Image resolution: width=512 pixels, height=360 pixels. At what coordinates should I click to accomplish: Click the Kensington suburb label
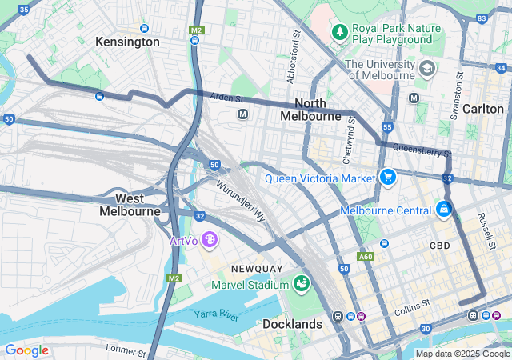[127, 42]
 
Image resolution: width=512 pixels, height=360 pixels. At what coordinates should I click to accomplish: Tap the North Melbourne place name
[311, 110]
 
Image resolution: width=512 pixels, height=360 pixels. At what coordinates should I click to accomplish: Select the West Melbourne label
[130, 205]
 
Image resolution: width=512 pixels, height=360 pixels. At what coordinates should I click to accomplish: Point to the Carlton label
[483, 109]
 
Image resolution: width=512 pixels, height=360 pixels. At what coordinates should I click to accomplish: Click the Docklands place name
[292, 324]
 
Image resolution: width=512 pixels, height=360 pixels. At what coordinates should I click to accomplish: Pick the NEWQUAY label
[255, 267]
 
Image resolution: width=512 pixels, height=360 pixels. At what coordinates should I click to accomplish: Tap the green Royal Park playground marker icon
[340, 32]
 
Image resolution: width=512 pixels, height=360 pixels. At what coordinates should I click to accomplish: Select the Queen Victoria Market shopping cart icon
[389, 177]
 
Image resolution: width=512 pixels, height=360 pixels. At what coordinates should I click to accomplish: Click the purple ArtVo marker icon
[209, 239]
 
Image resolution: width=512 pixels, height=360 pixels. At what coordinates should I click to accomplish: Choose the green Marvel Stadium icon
[301, 284]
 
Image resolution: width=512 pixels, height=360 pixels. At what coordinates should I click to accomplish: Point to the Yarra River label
[217, 314]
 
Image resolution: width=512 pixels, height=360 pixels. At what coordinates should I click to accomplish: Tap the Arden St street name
[226, 98]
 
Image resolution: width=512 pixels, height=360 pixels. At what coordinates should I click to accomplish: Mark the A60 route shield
[366, 257]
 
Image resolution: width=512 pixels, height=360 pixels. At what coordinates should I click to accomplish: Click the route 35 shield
[23, 9]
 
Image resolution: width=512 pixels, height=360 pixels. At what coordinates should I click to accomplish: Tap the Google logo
[26, 350]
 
